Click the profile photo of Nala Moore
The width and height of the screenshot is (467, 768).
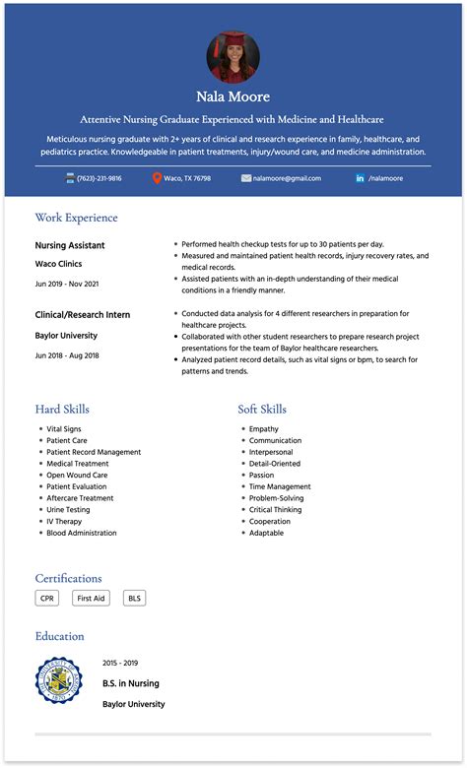233,55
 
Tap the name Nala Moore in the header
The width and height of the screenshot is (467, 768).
233,96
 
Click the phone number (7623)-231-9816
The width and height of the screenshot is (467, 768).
100,178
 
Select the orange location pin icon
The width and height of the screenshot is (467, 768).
157,178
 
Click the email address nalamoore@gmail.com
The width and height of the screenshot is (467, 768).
287,178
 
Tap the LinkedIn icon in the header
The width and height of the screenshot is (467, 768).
360,178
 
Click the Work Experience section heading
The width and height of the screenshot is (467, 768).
76,218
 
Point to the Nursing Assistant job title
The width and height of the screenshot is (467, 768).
70,245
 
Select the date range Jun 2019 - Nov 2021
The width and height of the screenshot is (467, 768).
67,284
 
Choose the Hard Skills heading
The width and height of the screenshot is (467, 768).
62,409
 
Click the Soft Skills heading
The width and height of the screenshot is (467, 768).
262,409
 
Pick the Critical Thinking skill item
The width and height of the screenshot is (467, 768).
276,510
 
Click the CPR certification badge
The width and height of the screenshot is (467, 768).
46,598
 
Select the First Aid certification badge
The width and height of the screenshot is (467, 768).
92,598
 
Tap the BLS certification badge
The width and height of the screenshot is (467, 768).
134,598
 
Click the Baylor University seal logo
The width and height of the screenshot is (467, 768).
59,681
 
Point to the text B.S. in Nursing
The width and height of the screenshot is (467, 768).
131,683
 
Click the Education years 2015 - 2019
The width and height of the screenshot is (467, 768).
120,663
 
